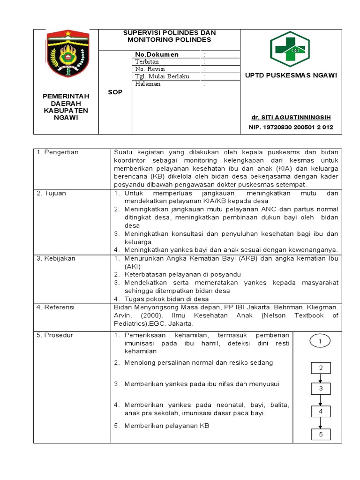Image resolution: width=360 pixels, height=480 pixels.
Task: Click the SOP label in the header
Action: click(115, 92)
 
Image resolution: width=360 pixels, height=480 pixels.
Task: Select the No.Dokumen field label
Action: click(157, 55)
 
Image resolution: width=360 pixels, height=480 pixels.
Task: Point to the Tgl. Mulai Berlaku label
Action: click(162, 76)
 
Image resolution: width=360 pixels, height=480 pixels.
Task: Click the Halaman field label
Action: click(148, 84)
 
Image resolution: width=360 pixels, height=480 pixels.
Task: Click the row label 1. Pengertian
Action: click(58, 152)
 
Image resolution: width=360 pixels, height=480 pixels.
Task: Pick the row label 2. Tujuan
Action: click(52, 193)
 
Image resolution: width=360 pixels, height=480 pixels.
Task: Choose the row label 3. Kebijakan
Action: click(56, 258)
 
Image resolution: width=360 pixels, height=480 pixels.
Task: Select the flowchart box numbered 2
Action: click(321, 368)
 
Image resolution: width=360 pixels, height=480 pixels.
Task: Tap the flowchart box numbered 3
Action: click(321, 389)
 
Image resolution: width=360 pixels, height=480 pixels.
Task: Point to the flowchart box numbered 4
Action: click(321, 411)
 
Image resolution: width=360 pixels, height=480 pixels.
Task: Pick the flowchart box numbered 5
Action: click(321, 435)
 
